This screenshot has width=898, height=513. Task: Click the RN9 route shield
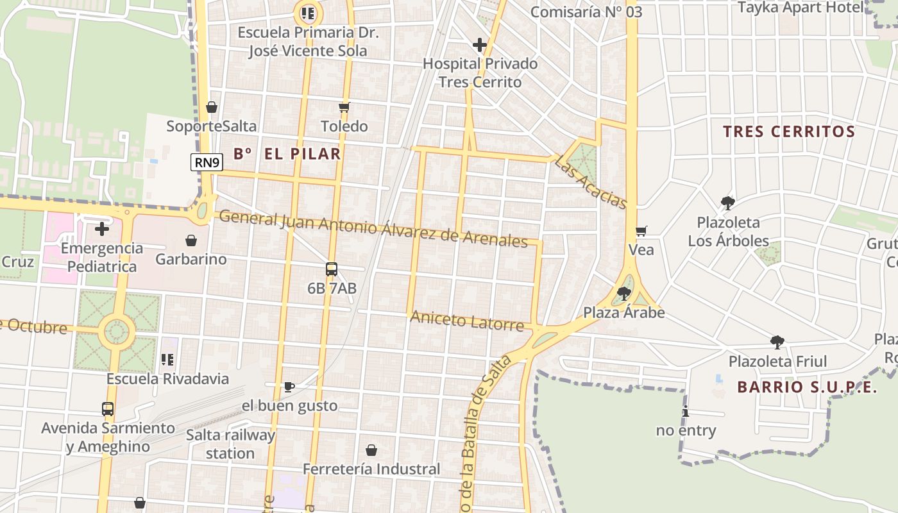(207, 162)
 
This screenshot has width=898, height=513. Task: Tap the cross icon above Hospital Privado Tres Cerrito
(479, 45)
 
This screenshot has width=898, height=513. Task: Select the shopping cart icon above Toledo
(344, 107)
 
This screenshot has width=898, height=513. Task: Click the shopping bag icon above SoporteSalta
(212, 107)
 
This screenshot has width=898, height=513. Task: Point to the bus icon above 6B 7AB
(332, 269)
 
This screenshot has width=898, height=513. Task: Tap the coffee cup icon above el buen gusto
(289, 387)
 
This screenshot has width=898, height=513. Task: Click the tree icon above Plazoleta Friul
(777, 342)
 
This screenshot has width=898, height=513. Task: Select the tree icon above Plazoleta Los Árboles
(728, 203)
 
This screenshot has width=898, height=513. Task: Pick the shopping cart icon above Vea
(641, 231)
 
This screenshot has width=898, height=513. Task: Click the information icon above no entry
(686, 412)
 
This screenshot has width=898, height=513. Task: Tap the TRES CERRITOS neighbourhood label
(789, 132)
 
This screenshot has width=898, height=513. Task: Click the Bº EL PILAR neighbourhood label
(287, 154)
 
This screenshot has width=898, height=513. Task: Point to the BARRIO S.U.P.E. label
(807, 387)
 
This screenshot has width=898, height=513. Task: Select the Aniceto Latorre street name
(467, 320)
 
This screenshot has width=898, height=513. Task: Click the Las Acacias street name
(590, 183)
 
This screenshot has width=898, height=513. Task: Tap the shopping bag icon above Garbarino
(191, 240)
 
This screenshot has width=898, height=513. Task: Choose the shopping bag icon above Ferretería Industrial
(371, 450)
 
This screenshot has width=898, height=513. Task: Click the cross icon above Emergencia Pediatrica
(102, 229)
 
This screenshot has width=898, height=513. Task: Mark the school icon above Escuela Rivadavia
(167, 360)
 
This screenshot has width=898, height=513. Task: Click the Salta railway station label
(230, 444)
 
